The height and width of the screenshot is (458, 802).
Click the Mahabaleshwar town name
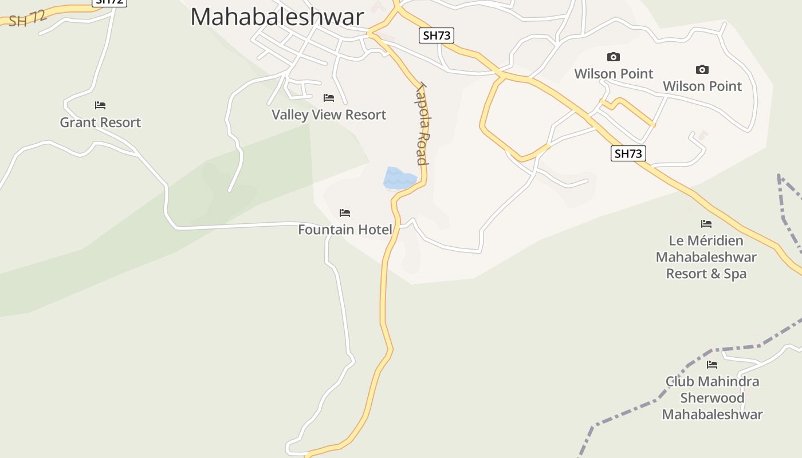pos(277,17)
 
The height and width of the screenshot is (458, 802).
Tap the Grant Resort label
pos(100,122)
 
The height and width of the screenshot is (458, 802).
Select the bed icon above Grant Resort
pos(100,105)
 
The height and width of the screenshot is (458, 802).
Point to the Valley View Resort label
pos(329,114)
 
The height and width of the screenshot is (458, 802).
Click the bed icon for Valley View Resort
pos(329,98)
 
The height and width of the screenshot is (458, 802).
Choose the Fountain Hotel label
pos(345,230)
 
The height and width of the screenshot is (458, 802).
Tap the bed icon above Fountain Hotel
pos(345,213)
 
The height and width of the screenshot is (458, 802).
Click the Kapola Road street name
pos(423,124)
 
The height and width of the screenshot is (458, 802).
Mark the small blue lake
pos(399,178)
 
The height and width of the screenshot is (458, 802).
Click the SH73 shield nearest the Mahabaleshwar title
pos(437,35)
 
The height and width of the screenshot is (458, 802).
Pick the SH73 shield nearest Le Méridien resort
pos(628,153)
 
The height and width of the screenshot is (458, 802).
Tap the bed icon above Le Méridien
pos(706,224)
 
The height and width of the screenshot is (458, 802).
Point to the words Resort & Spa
pos(706,274)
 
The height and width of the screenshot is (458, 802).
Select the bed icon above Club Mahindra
pos(712,365)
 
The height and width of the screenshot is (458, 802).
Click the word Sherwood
pos(712,398)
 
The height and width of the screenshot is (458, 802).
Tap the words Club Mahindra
pos(712,381)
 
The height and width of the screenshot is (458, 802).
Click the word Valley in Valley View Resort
pos(289,114)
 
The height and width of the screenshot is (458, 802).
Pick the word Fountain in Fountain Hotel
pos(326,230)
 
